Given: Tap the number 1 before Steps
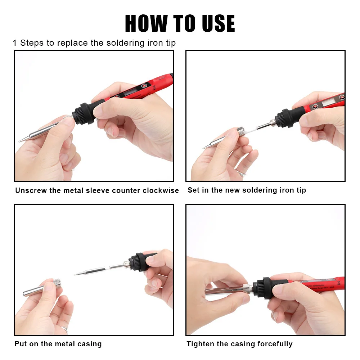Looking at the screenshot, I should [15, 43].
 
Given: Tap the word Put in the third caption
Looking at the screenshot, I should [21, 344].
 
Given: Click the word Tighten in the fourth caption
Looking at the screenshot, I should [201, 344].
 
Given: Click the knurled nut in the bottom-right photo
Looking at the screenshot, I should [247, 289].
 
